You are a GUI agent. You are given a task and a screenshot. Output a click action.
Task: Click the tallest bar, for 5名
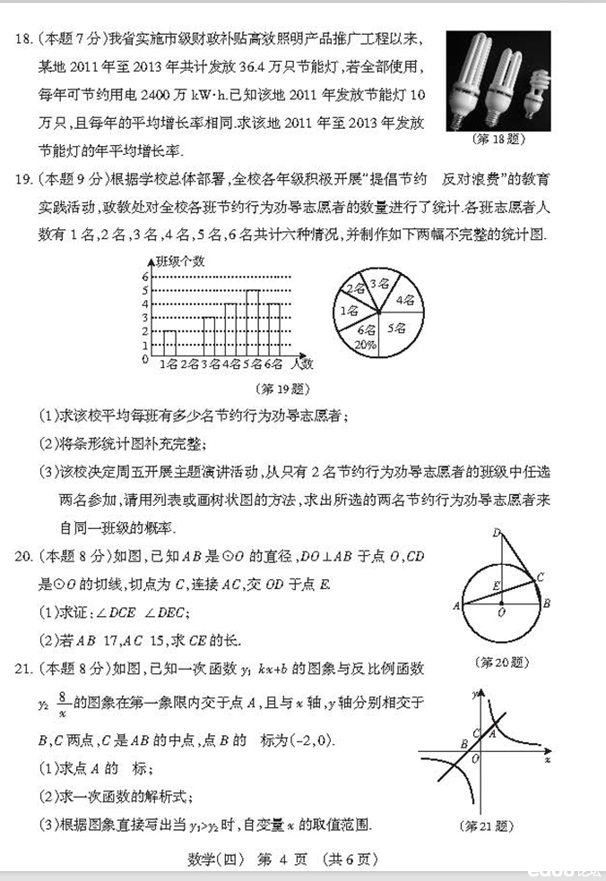[x=253, y=322]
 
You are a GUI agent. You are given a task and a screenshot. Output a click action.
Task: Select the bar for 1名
[x=169, y=342]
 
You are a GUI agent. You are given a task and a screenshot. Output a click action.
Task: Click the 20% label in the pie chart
[x=365, y=343]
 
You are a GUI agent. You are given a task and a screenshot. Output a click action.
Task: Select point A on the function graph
[x=490, y=734]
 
